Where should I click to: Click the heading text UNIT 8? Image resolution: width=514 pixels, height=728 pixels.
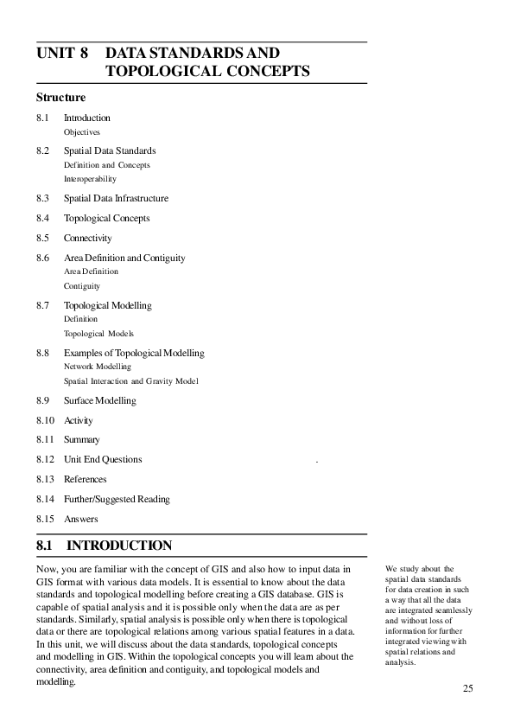[x=62, y=53]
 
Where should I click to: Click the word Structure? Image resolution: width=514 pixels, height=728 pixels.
[x=60, y=98]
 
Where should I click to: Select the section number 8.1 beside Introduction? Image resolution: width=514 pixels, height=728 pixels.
[x=43, y=118]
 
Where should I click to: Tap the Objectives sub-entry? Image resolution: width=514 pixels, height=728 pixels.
[x=82, y=132]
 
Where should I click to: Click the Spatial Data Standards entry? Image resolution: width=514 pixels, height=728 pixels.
[x=110, y=150]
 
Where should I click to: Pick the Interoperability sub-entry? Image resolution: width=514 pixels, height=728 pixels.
[x=90, y=179]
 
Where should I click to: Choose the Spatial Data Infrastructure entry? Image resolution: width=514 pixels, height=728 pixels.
[x=116, y=198]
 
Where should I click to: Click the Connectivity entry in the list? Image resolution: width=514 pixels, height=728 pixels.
[x=87, y=238]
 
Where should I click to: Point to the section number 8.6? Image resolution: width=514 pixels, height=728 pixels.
[x=43, y=258]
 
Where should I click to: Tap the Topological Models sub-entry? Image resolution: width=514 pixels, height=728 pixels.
[x=98, y=333]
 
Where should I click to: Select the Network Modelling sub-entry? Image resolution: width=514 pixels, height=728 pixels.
[x=98, y=367]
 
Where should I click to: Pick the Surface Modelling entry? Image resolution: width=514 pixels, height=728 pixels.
[x=99, y=400]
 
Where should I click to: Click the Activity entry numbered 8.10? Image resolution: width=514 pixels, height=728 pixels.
[x=78, y=420]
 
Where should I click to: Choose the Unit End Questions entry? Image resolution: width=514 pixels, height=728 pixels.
[x=103, y=459]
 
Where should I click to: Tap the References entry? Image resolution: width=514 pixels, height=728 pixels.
[x=85, y=479]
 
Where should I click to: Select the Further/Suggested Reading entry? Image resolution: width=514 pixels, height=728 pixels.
[x=117, y=499]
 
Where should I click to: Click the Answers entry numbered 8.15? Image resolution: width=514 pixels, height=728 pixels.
[x=80, y=519]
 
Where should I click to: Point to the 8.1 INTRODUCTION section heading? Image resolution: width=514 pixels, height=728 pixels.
[x=105, y=546]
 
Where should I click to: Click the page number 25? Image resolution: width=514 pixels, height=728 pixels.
[x=467, y=688]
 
